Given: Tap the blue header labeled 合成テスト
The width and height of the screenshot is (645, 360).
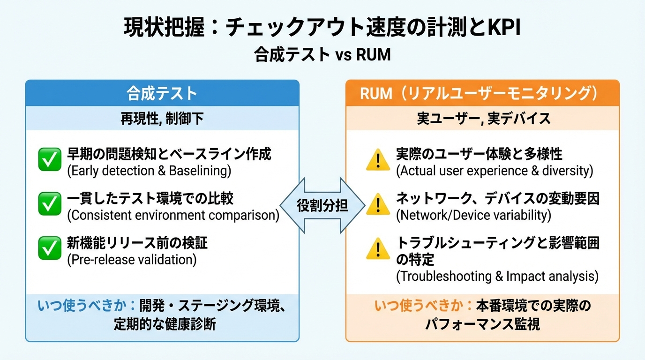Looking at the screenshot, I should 162,93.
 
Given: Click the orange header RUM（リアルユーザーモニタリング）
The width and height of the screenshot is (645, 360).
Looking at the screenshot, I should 482,93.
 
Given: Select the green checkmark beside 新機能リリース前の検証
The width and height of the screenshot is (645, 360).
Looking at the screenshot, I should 49,248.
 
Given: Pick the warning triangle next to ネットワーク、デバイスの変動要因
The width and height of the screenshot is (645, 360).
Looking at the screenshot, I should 378,204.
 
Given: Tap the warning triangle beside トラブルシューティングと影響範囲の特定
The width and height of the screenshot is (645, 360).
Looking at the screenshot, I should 378,249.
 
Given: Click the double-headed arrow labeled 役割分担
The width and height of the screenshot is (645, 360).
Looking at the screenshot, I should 322,205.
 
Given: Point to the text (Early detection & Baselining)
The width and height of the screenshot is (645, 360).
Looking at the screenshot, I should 149,171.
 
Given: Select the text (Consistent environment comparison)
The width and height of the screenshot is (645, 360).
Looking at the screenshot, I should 173,215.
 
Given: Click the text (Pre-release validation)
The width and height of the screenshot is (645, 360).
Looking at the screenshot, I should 132,259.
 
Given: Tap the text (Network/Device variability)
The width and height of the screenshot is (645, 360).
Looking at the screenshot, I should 473,215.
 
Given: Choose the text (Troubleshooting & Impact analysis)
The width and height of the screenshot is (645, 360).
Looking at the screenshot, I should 497,277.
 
